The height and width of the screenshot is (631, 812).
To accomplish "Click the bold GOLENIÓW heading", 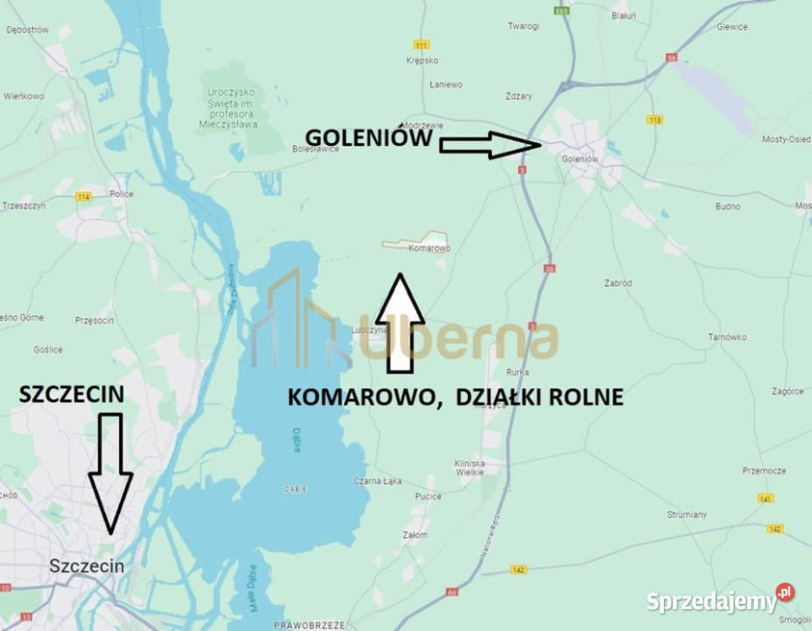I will [368, 138].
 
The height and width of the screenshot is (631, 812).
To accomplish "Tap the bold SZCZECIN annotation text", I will [72, 395].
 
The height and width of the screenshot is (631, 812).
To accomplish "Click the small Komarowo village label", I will [429, 249].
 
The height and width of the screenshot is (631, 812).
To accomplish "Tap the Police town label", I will [122, 194].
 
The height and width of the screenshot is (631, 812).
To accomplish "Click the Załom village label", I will [415, 535].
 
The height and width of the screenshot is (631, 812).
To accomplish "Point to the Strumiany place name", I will [686, 514].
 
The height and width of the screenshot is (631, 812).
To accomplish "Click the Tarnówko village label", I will [727, 337].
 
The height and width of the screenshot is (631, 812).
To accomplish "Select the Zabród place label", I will [618, 283].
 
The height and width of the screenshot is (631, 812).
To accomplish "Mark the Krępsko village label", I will [422, 60].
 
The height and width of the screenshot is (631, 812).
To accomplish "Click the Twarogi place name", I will [523, 26].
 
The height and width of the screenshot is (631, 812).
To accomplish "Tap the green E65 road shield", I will [561, 11].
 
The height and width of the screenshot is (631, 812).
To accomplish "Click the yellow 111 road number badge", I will [423, 45].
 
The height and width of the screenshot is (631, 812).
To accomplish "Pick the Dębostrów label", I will [26, 30].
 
